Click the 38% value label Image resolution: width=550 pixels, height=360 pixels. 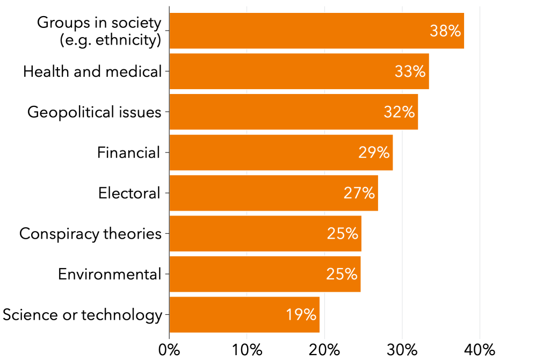tap(445, 31)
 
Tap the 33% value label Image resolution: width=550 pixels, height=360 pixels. tap(410, 71)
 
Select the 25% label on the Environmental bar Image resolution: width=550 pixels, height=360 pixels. tap(342, 274)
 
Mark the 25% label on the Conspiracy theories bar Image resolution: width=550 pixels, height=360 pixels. tap(342, 234)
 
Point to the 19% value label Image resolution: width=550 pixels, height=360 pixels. tap(301, 314)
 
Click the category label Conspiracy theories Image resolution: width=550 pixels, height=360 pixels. tap(90, 234)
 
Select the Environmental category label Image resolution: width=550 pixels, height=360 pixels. tap(110, 274)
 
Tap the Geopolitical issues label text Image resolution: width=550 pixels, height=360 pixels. tap(95, 112)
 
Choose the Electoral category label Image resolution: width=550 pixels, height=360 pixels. tap(129, 193)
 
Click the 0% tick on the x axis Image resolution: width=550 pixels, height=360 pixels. tap(169, 350)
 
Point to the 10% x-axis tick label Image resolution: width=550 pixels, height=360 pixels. tap(247, 350)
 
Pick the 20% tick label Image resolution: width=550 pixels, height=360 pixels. tap(324, 350)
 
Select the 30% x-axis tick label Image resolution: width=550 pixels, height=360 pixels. tap(402, 350)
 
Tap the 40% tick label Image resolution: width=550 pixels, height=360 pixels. tap(480, 350)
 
